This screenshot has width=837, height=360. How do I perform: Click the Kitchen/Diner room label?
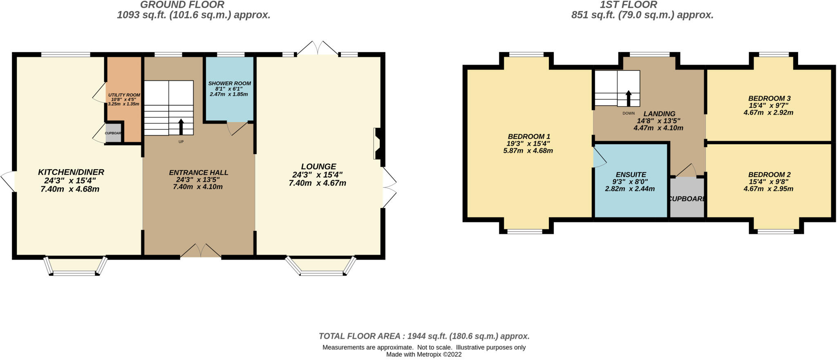71,172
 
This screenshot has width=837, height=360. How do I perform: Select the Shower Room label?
229,83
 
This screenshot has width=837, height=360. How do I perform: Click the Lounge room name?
318,167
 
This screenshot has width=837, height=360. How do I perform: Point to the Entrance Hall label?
199,173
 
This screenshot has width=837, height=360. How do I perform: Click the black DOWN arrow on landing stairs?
629,98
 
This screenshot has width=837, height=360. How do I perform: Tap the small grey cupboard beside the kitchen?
114,133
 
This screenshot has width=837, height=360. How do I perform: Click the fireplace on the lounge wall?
378,144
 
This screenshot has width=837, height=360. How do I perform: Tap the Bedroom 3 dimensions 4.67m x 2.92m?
768,112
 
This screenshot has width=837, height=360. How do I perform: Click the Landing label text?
659,114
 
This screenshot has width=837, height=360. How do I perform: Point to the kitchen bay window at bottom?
76,268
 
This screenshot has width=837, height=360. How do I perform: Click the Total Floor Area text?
424,336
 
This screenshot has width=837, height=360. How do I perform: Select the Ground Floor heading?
182,5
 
